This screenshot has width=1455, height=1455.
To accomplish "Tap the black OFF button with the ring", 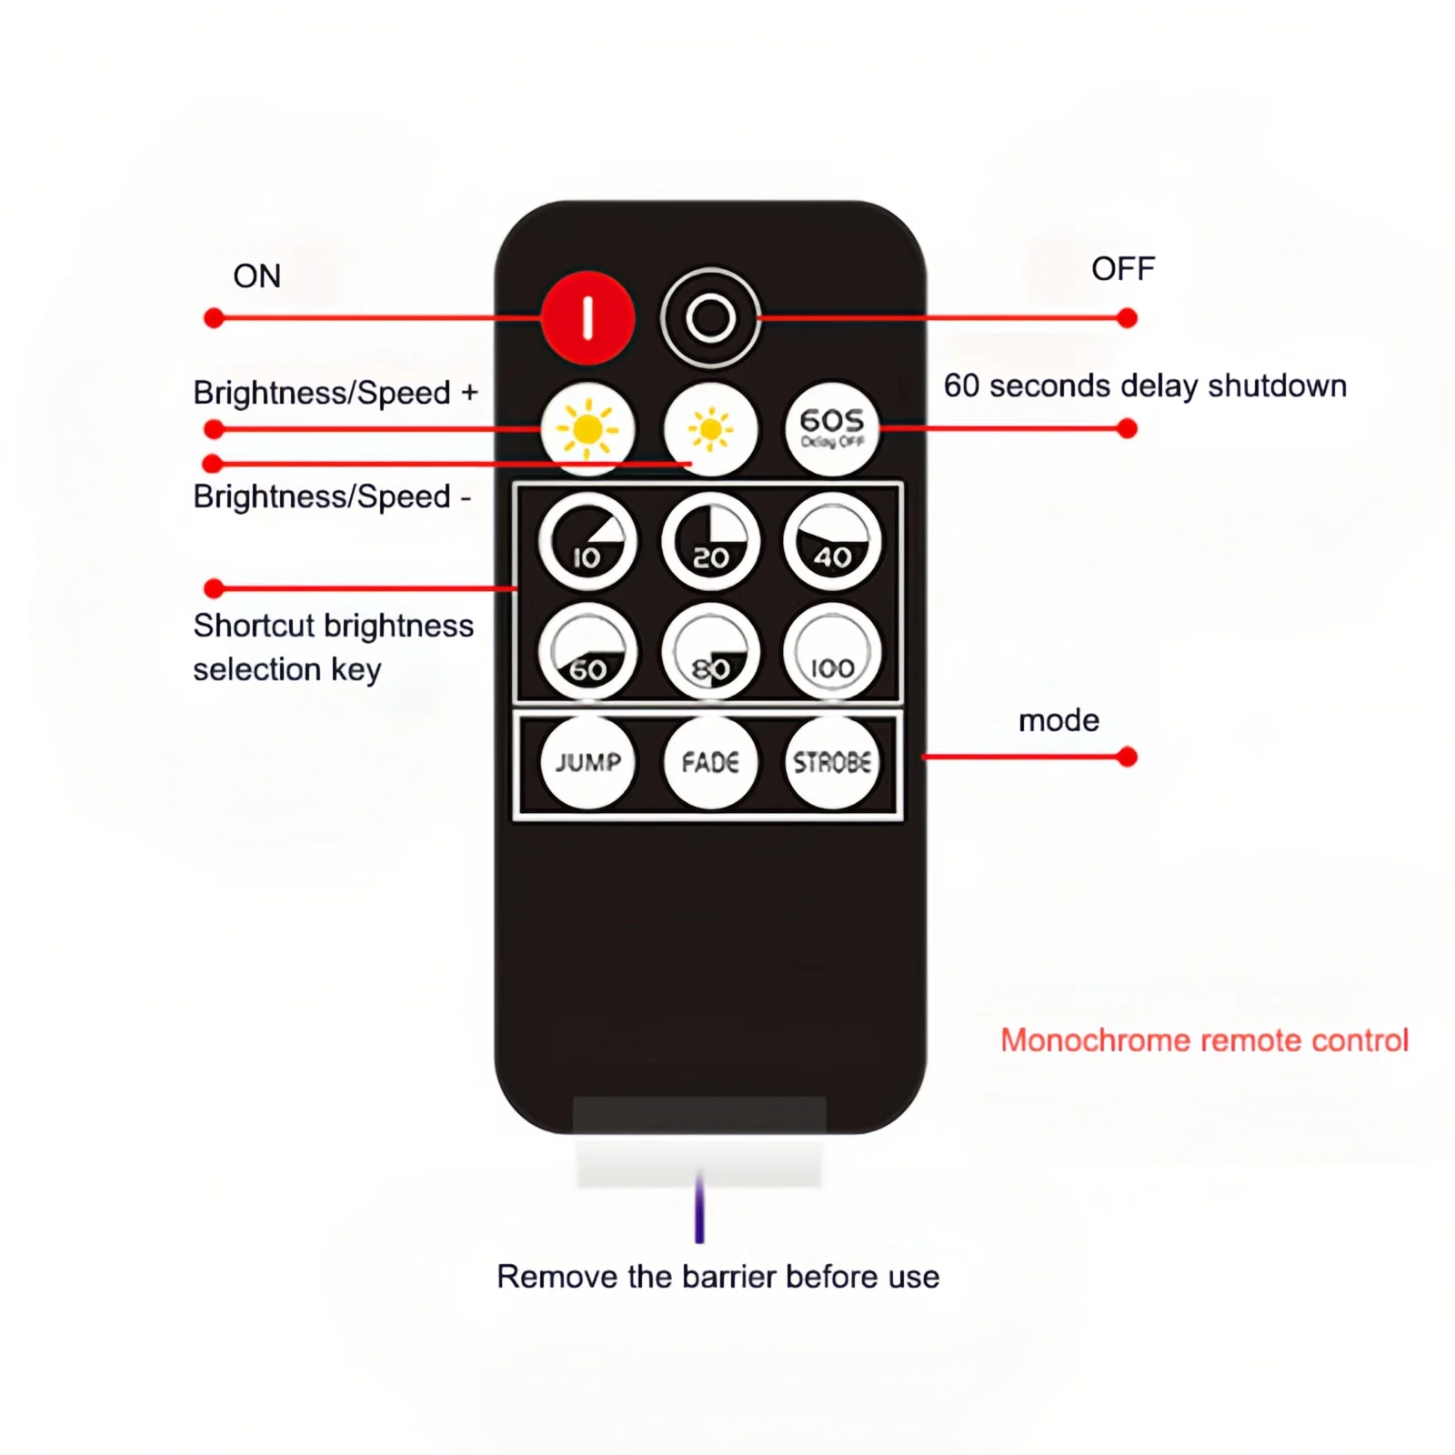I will point(710,318).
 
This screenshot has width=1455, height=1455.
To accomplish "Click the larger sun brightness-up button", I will point(587,428).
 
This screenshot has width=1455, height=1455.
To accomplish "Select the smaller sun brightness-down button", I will point(710,428).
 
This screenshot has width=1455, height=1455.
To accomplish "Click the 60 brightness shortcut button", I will point(587,652).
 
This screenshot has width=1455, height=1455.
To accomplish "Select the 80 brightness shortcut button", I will point(710,652).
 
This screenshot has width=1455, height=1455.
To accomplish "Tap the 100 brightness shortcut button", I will point(832,652).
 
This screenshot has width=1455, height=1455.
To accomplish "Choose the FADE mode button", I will point(710,762).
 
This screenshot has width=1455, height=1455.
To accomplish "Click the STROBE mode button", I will point(832,762).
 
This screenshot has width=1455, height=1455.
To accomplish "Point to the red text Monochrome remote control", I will point(1204,1040).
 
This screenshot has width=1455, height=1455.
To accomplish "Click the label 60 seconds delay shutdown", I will point(1145,386).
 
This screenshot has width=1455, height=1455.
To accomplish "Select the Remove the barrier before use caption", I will point(717,1277).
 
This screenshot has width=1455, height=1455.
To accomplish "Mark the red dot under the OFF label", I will point(1128,318).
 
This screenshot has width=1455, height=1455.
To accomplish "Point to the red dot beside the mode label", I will point(1128,757).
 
